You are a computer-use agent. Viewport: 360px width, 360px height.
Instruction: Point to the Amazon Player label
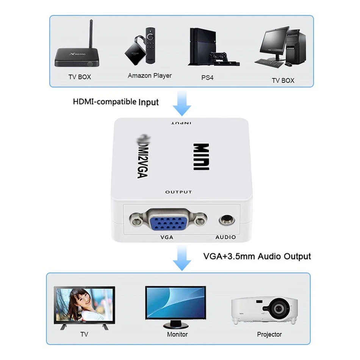[150, 76]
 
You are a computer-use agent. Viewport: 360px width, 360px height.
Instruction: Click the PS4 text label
[207, 77]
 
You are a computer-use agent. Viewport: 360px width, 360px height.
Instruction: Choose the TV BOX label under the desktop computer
[283, 80]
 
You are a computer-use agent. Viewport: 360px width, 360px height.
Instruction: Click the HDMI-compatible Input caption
[116, 102]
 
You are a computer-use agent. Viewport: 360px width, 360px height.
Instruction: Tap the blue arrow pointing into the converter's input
[182, 105]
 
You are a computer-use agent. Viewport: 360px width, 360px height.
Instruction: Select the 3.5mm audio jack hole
[225, 220]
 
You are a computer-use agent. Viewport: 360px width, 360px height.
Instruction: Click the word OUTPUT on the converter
[178, 192]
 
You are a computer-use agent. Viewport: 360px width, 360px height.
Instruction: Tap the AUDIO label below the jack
[225, 237]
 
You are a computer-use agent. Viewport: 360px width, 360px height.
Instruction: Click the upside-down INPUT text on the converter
[181, 123]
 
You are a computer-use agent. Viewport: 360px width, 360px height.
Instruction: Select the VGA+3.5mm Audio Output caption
[257, 256]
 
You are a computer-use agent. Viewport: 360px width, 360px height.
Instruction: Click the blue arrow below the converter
[182, 258]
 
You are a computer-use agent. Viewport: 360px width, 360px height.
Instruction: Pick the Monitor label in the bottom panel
[177, 334]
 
